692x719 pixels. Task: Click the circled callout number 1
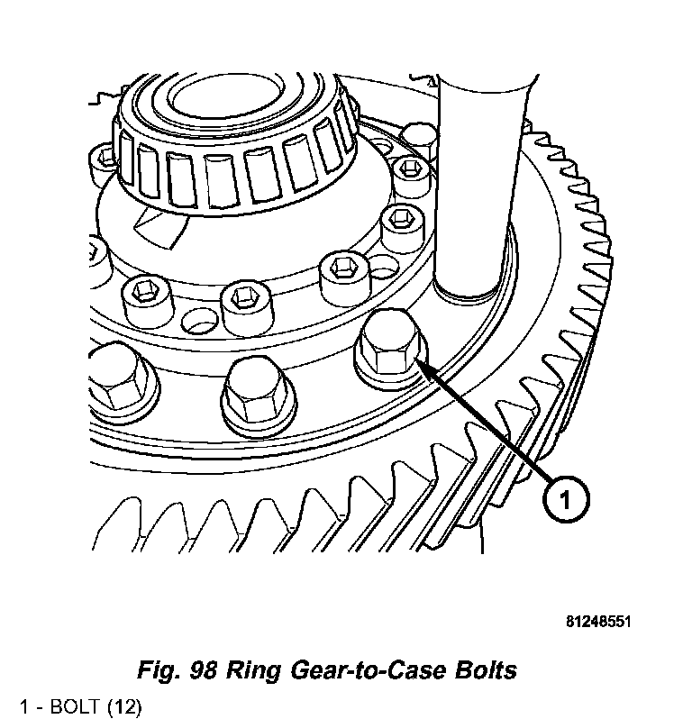(x=565, y=498)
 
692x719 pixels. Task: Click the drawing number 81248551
(x=599, y=622)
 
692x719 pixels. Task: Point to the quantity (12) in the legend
(x=124, y=705)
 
